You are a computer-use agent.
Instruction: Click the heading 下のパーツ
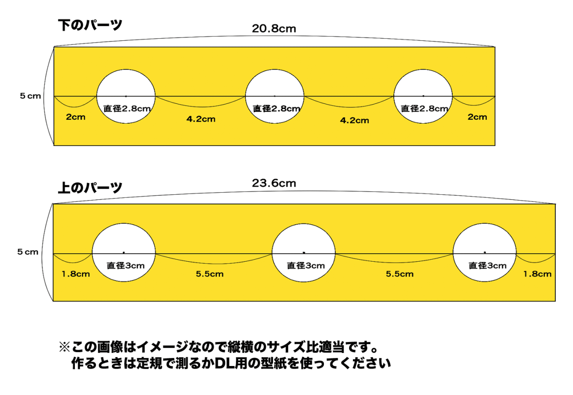point(90,25)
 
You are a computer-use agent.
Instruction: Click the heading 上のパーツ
point(90,188)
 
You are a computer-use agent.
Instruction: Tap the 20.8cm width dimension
point(274,29)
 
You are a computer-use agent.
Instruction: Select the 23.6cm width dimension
point(274,183)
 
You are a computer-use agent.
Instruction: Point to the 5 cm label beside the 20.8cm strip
point(31,96)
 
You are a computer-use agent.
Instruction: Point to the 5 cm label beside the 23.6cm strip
point(28,252)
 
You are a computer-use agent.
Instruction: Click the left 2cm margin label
point(76,117)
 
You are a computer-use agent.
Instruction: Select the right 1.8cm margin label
point(537,274)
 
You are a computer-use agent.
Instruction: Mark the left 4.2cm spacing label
point(201,119)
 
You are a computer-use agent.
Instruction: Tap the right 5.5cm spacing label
point(400,274)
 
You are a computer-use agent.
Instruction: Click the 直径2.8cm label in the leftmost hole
point(127,109)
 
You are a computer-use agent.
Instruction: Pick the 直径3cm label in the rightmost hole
point(487,265)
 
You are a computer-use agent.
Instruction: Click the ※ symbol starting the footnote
point(64,347)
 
